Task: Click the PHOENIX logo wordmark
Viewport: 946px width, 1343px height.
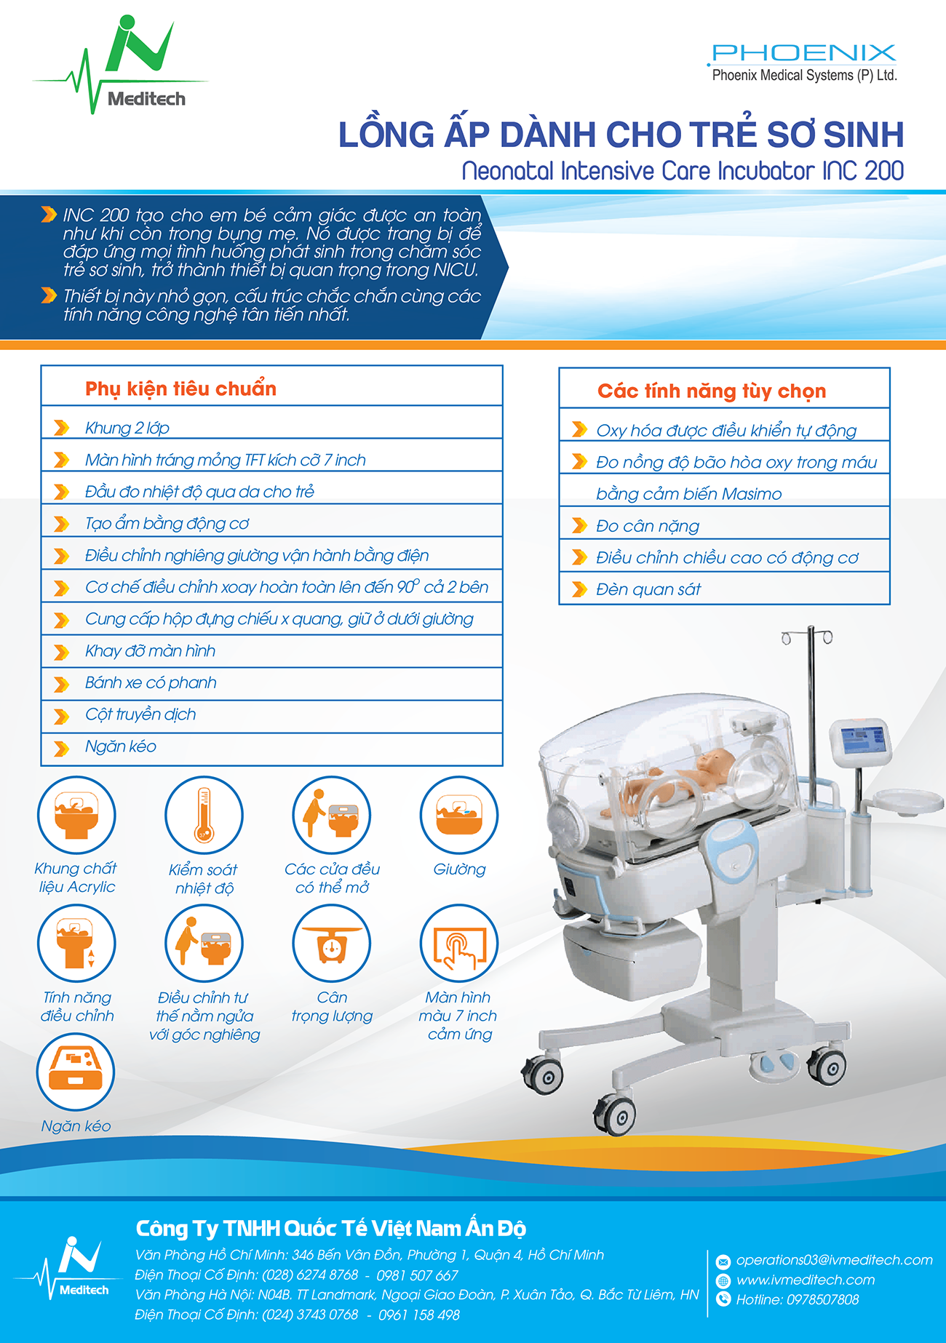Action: point(803,52)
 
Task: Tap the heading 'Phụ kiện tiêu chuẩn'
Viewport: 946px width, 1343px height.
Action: point(180,388)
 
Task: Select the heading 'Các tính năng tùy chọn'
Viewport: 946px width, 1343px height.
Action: point(712,391)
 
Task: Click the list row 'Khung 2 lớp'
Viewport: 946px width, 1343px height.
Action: point(272,428)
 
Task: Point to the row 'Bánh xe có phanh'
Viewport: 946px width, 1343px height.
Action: point(272,683)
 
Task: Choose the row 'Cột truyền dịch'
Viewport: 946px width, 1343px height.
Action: point(272,715)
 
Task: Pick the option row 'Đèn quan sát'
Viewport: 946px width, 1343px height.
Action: point(725,589)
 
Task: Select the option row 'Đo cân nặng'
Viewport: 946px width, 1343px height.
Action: point(725,525)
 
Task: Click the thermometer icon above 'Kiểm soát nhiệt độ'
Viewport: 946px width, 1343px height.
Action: point(204,815)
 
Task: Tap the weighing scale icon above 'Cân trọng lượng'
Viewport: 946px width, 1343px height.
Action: point(332,944)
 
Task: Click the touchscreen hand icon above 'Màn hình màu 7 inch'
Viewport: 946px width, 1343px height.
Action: point(459,944)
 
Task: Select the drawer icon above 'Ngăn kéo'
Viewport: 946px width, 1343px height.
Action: point(76,1072)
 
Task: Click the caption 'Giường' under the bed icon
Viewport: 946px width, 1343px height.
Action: point(459,869)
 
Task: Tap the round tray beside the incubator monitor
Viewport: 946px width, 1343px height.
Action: point(907,802)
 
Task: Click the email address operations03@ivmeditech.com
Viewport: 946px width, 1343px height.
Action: point(834,1260)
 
